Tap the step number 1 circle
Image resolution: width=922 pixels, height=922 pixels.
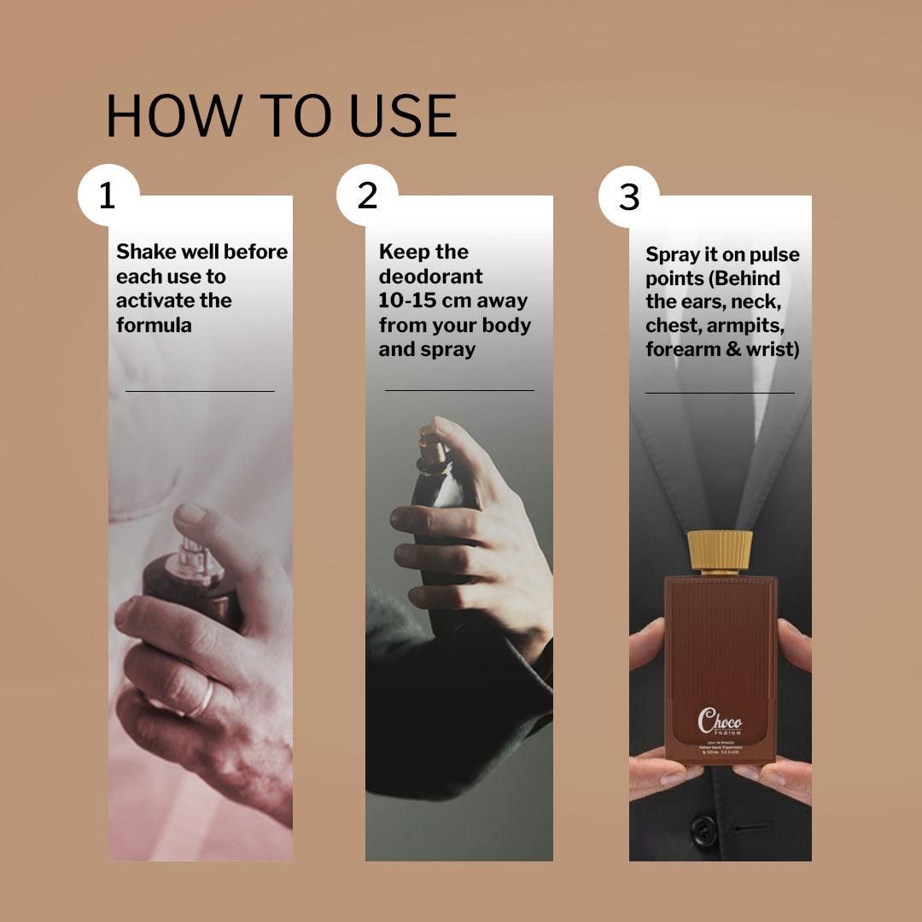pos(108,195)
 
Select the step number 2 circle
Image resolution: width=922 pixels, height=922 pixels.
pos(367,195)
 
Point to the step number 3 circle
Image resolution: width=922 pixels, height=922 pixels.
pos(628,197)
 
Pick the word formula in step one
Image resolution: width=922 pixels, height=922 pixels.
pos(154,325)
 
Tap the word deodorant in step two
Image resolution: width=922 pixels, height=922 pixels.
pos(430,277)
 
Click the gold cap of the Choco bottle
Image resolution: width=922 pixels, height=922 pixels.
pos(720,551)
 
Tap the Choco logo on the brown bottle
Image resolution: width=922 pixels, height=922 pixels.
pos(720,720)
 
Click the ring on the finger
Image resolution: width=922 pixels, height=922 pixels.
pos(203,698)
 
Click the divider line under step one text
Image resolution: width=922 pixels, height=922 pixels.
pos(200,391)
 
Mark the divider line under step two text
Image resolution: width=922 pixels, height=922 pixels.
pos(459,390)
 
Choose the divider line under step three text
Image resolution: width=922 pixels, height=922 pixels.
pos(720,393)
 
